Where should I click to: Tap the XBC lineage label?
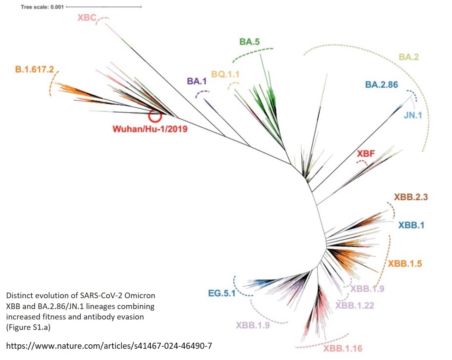point(87,17)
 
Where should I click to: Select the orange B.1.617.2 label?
point(35,69)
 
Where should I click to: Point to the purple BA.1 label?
point(196,81)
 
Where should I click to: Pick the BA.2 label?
point(409,57)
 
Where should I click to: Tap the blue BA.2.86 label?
point(382,85)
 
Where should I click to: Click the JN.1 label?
point(413,116)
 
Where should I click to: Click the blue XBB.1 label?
point(411,225)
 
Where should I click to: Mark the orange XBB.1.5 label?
point(407,264)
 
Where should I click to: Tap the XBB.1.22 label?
point(355,305)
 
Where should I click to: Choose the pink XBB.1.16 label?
point(342,348)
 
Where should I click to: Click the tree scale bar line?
point(103,7)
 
